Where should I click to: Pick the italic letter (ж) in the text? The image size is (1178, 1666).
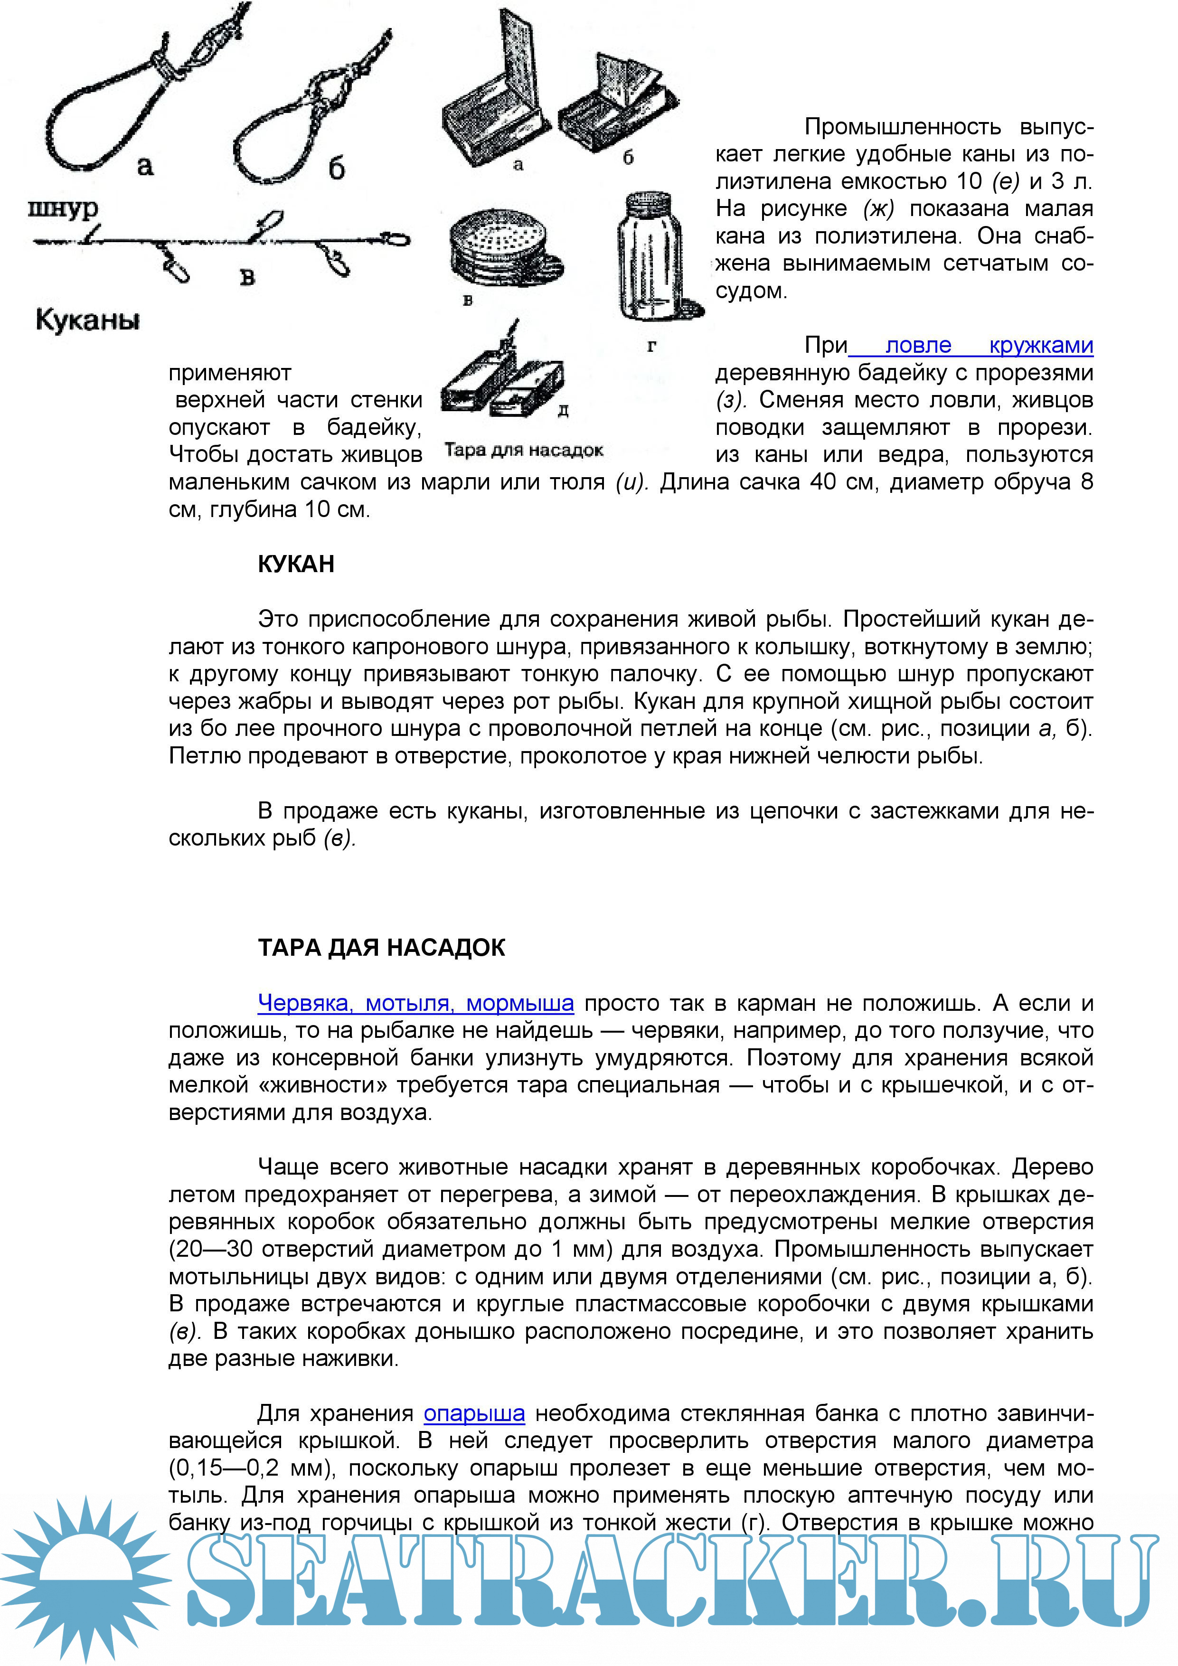[878, 209]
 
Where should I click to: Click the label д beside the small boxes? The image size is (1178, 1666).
[563, 412]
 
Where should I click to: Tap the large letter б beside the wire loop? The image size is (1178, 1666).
[336, 169]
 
